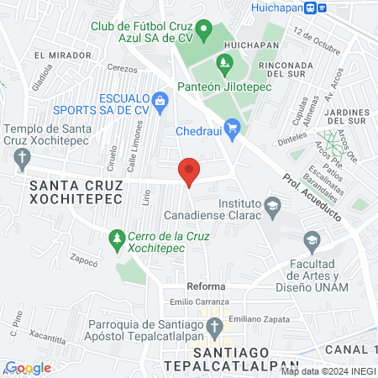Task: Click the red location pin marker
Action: pyautogui.click(x=189, y=171)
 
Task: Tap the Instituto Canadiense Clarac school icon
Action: pyautogui.click(x=272, y=204)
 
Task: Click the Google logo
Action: pyautogui.click(x=28, y=367)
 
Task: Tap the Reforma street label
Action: pyautogui.click(x=207, y=286)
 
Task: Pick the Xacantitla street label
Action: pyautogui.click(x=48, y=336)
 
